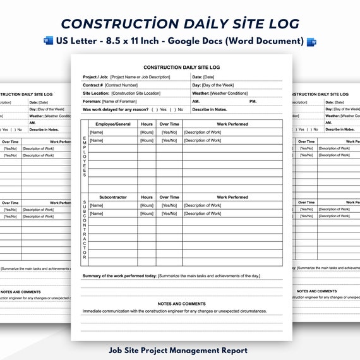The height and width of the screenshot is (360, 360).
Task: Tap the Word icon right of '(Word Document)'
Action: coord(311,42)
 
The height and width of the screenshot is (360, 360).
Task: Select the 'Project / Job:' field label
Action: coord(95,77)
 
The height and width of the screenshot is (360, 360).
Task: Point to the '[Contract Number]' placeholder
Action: coord(121,85)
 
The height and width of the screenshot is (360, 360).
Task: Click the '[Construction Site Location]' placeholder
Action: coord(145,93)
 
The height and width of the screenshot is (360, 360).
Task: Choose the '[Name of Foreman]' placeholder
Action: coord(119,101)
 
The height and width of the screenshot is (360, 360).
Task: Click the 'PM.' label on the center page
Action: coord(253,101)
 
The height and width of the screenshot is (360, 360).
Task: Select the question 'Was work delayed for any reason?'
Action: coord(115,109)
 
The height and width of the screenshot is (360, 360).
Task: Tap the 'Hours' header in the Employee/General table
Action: coord(147,124)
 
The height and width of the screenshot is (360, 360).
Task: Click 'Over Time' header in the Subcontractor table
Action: coord(169,197)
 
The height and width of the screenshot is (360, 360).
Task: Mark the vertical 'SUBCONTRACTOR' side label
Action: coord(84,231)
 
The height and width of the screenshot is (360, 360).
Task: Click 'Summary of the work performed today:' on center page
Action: coord(119,276)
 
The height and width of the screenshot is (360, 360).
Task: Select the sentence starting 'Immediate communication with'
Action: coord(174,311)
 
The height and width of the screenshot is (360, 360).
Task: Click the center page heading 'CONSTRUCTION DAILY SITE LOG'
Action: coord(181,66)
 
